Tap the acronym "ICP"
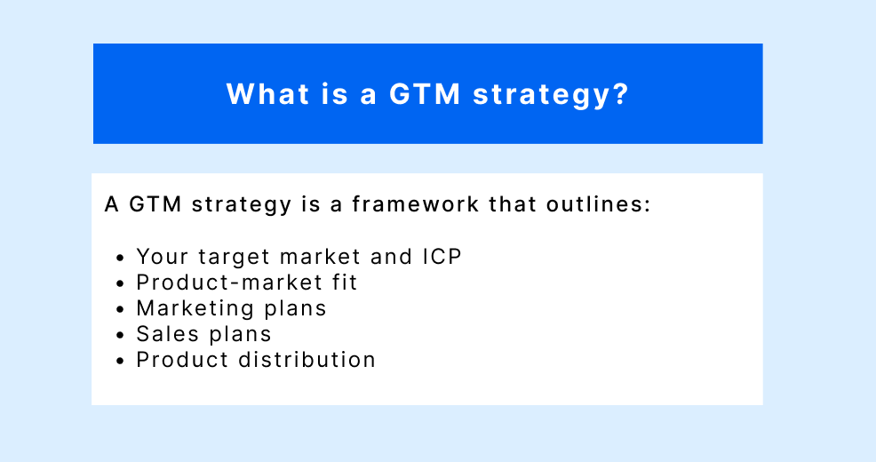pyautogui.click(x=441, y=257)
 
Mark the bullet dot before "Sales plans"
pyautogui.click(x=121, y=336)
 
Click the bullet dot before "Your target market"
pyautogui.click(x=121, y=259)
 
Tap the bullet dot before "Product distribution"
pyautogui.click(x=121, y=362)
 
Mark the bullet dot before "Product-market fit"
pyautogui.click(x=121, y=284)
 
